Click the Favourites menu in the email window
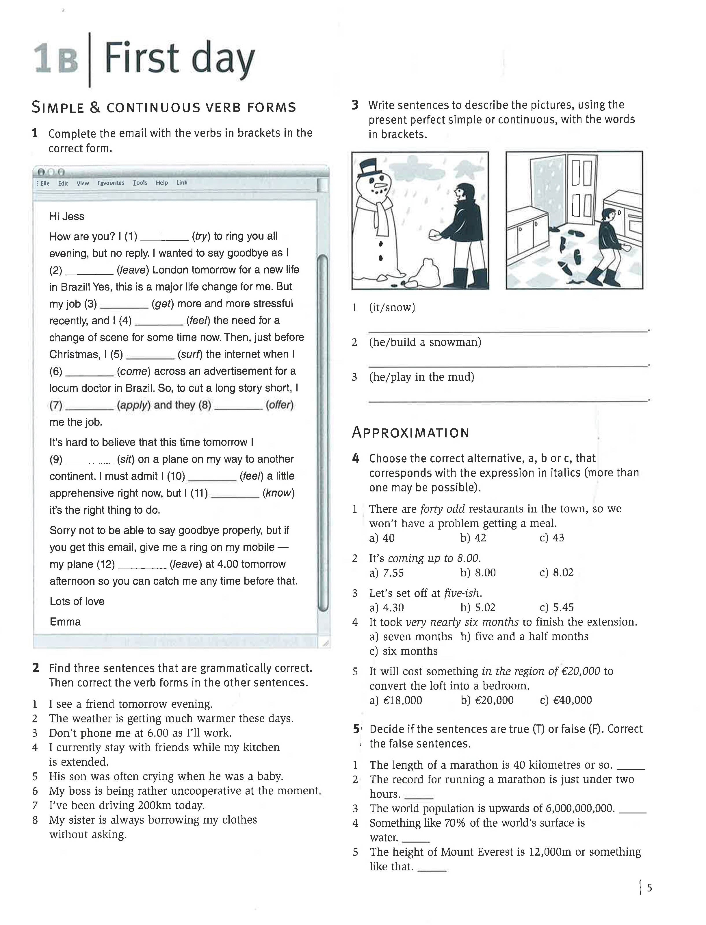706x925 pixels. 111,183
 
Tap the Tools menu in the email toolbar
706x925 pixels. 140,183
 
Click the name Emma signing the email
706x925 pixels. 65,622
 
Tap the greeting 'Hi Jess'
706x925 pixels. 66,217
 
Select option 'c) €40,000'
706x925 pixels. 566,700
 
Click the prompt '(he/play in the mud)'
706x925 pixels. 421,377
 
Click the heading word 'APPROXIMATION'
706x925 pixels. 410,433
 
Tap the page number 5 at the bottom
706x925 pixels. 649,888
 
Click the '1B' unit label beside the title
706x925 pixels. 56,60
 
